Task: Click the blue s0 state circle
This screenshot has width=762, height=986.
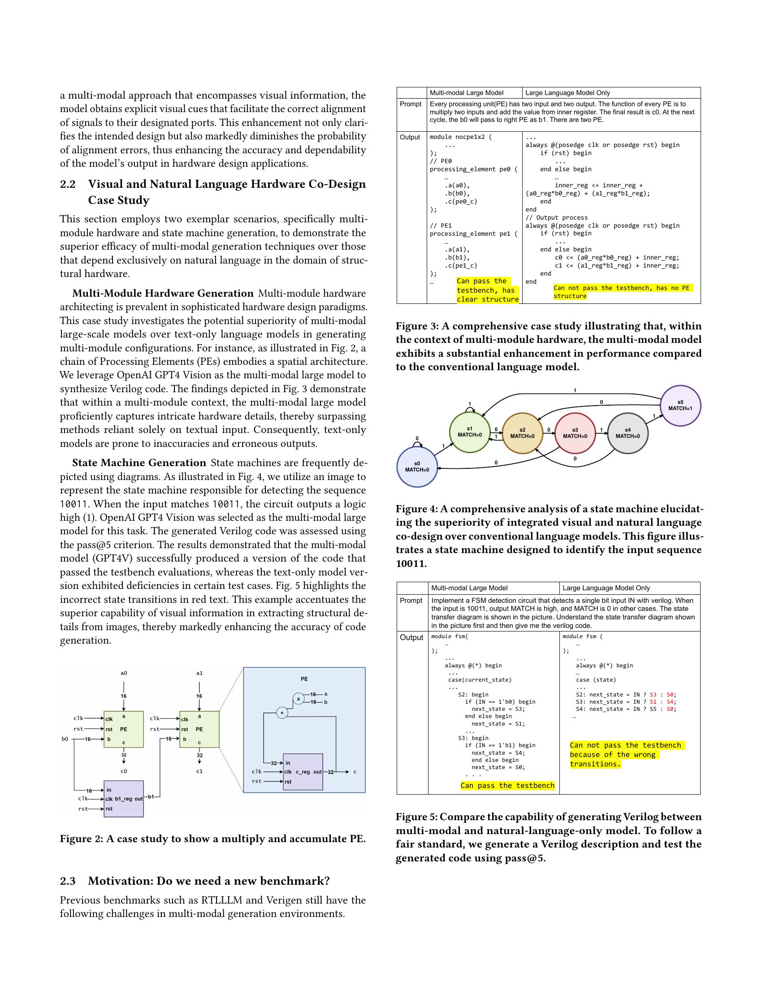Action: pyautogui.click(x=417, y=467)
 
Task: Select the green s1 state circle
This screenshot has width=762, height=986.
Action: pyautogui.click(x=469, y=432)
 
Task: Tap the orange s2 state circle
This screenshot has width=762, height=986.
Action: pyautogui.click(x=522, y=433)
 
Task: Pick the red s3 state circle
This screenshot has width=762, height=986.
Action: pyautogui.click(x=575, y=433)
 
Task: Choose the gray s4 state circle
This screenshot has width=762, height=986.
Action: pyautogui.click(x=628, y=433)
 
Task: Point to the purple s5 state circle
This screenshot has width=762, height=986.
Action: pyautogui.click(x=680, y=406)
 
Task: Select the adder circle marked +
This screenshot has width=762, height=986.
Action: pyautogui.click(x=282, y=714)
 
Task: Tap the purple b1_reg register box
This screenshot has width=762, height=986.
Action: pyautogui.click(x=124, y=799)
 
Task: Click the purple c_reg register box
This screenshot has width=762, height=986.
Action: pyautogui.click(x=303, y=772)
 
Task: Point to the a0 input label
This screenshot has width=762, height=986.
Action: pyautogui.click(x=124, y=673)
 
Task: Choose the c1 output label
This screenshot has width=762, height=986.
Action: pyautogui.click(x=199, y=771)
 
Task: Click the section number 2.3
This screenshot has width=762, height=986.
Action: pyautogui.click(x=68, y=881)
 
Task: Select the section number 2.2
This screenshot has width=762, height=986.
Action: pyautogui.click(x=68, y=184)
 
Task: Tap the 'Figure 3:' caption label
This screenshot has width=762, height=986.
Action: pyautogui.click(x=416, y=326)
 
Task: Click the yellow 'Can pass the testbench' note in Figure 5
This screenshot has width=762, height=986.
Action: pyautogui.click(x=507, y=786)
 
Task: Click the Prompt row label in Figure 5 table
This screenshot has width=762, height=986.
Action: pyautogui.click(x=411, y=601)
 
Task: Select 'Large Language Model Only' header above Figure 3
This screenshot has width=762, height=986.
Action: pyautogui.click(x=567, y=93)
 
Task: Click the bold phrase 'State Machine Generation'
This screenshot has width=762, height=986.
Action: pyautogui.click(x=139, y=463)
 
